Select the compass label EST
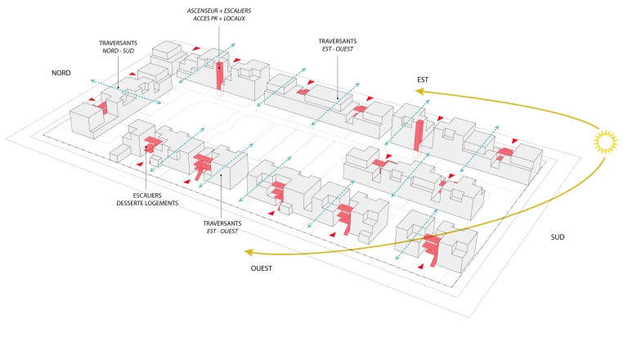[x=423, y=79]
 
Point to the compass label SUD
[x=558, y=237]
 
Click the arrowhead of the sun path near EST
[x=417, y=92]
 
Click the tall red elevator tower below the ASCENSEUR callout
[x=219, y=73]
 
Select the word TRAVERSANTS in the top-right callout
[x=338, y=41]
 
